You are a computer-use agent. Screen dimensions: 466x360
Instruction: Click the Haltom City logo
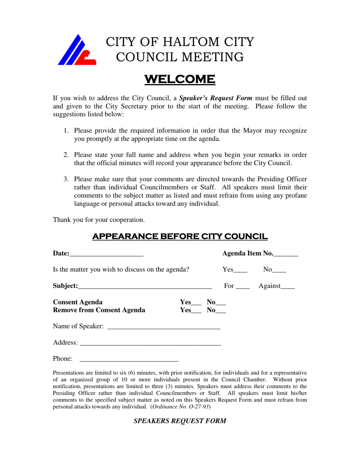[x=77, y=50]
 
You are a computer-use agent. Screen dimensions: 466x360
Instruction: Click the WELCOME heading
[x=180, y=80]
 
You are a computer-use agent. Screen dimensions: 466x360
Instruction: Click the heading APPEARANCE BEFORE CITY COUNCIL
[x=180, y=237]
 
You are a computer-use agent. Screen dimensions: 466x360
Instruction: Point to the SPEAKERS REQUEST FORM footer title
[x=180, y=421]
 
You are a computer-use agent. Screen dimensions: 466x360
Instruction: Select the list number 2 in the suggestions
[x=66, y=155]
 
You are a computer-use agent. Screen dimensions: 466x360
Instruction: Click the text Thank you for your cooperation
[x=99, y=220]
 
